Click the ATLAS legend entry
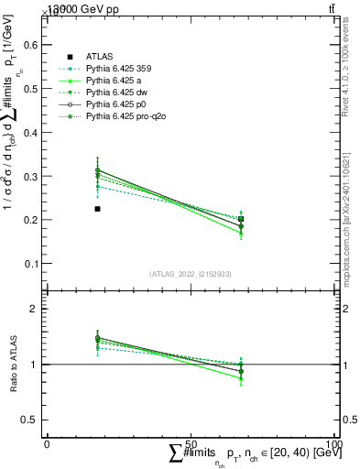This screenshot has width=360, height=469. pyautogui.click(x=98, y=56)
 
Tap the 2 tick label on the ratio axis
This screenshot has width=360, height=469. pyautogui.click(x=37, y=310)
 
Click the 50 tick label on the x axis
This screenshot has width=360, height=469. pyautogui.click(x=191, y=443)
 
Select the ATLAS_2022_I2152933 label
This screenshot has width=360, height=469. pyautogui.click(x=191, y=274)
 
